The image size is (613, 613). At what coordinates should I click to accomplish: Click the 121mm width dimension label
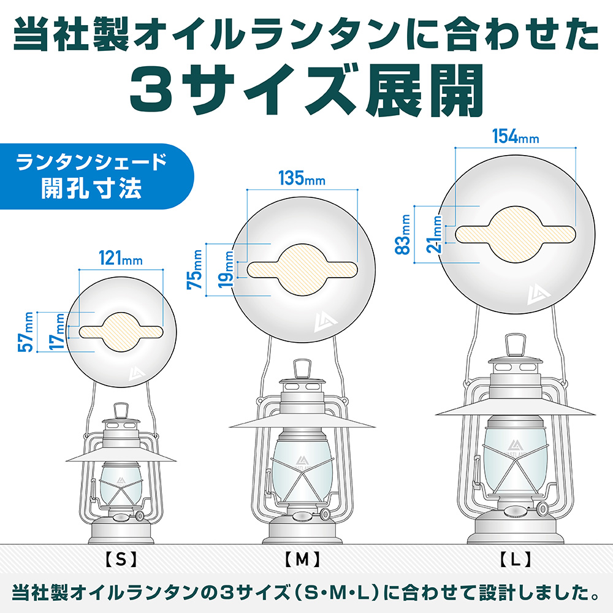[x=120, y=258]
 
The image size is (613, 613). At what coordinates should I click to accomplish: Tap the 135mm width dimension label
[x=302, y=178]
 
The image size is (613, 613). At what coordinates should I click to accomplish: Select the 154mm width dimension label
[x=516, y=137]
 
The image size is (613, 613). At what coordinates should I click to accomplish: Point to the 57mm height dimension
[x=26, y=332]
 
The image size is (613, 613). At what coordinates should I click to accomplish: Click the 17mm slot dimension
[x=56, y=332]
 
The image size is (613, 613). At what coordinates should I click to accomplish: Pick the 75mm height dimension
[x=195, y=269]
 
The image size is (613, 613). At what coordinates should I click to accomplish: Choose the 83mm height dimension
[x=403, y=235]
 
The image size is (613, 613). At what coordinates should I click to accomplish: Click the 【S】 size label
[x=121, y=560]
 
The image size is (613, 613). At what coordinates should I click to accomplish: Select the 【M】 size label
[x=302, y=560]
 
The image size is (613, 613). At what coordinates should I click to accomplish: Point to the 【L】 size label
[x=516, y=560]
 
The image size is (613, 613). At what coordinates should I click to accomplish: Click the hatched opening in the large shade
[x=516, y=234]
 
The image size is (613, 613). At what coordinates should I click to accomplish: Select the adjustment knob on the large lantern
[x=542, y=508]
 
